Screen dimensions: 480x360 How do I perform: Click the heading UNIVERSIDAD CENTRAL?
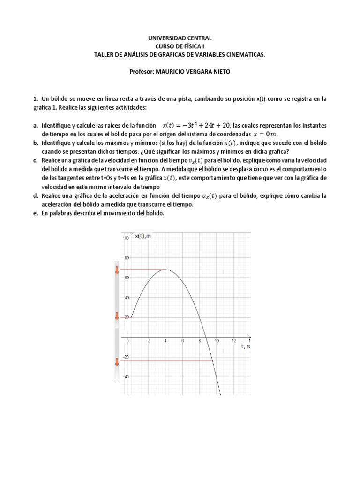point(180,38)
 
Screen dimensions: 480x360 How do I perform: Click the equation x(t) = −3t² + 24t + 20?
point(196,126)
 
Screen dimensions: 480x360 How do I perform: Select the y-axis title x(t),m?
point(143,236)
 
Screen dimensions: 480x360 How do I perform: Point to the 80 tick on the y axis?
point(126,258)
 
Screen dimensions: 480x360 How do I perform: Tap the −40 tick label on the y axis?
point(125,377)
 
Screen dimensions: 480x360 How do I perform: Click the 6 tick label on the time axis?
point(182,341)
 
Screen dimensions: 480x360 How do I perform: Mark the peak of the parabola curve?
point(165,270)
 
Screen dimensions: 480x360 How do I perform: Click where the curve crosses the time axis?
point(207,337)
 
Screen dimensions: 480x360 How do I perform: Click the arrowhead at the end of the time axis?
point(249,337)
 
